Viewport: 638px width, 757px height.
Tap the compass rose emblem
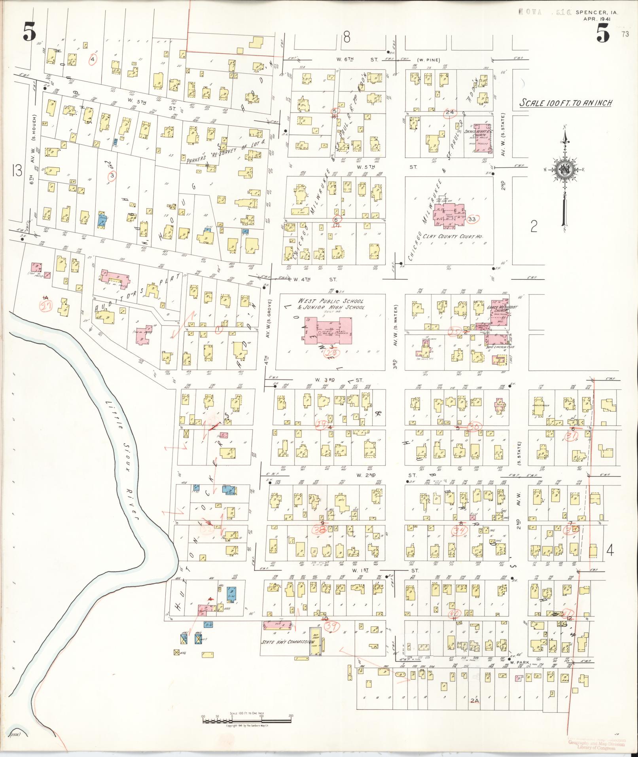pyautogui.click(x=564, y=171)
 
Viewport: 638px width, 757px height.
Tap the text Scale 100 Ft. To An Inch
pyautogui.click(x=566, y=103)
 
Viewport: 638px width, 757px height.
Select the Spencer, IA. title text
pyautogui.click(x=597, y=13)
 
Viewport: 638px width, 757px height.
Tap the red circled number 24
pyautogui.click(x=450, y=112)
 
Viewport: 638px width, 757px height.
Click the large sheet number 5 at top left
pyautogui.click(x=30, y=31)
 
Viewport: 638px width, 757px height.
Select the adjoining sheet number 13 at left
pyautogui.click(x=17, y=171)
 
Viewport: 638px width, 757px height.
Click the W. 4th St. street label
pyautogui.click(x=314, y=279)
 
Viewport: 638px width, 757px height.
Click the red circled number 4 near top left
pyautogui.click(x=93, y=59)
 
